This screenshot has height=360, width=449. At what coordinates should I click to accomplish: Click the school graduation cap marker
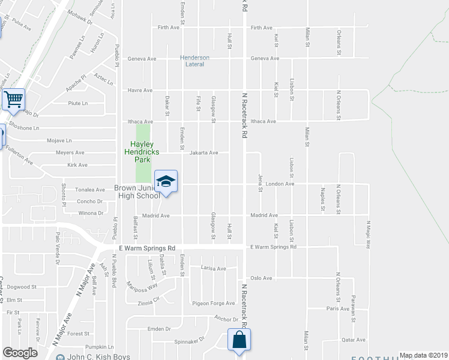pyautogui.click(x=166, y=181)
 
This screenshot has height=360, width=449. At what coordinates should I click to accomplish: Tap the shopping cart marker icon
pyautogui.click(x=13, y=99)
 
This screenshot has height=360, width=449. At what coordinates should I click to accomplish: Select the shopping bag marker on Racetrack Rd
pyautogui.click(x=240, y=339)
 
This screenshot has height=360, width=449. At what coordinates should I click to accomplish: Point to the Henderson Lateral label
pyautogui.click(x=195, y=61)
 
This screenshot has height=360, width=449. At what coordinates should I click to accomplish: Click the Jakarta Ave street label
pyautogui.click(x=204, y=152)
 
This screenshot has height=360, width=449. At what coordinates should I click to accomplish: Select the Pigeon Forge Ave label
pyautogui.click(x=213, y=304)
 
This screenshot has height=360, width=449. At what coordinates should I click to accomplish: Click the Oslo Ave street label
pyautogui.click(x=261, y=278)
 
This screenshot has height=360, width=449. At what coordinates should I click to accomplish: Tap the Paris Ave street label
pyautogui.click(x=337, y=308)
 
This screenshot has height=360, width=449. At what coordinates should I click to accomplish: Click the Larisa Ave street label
pyautogui.click(x=213, y=268)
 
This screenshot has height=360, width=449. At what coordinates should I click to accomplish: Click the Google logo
pyautogui.click(x=20, y=353)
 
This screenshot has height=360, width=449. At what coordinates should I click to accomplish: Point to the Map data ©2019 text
pyautogui.click(x=423, y=355)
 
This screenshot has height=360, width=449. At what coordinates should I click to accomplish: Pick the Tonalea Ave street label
pyautogui.click(x=89, y=189)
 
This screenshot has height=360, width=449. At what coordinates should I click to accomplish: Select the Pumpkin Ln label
pyautogui.click(x=99, y=347)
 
